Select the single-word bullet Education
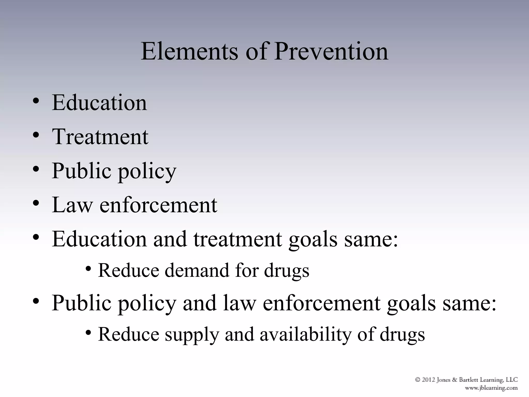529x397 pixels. point(99,103)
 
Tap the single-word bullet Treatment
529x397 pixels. point(100,137)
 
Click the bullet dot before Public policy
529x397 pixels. point(36,170)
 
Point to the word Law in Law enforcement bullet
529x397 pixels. point(72,205)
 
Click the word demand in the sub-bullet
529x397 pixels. point(197,270)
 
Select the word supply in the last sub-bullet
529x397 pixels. point(192,334)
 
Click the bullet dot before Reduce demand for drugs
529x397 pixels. point(89,269)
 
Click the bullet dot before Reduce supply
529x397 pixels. point(89,333)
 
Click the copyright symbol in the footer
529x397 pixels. point(418,380)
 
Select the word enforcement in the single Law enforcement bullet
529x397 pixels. point(158,205)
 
